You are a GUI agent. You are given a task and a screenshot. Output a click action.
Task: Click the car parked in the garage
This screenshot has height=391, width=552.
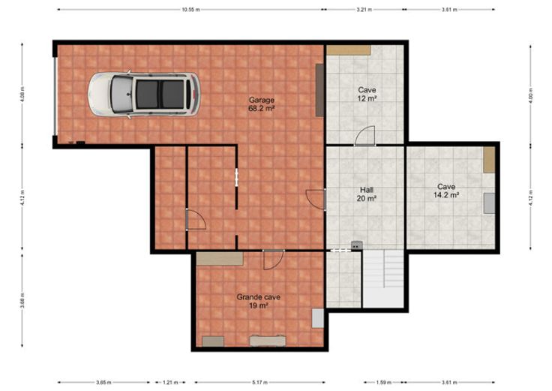click(x=144, y=95)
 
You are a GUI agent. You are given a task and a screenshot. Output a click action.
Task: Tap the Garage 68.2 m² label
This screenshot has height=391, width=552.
click(x=261, y=104)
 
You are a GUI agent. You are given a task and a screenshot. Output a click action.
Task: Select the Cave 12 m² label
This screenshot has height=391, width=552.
click(x=367, y=95)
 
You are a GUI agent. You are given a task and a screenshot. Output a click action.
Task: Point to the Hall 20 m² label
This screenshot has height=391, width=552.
click(x=367, y=194)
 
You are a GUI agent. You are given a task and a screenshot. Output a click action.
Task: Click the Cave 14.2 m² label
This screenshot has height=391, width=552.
click(x=446, y=191)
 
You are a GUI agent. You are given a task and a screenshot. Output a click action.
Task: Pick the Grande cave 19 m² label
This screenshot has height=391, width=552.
click(x=259, y=301)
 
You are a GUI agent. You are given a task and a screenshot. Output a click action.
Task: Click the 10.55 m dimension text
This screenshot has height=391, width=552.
click(x=190, y=10)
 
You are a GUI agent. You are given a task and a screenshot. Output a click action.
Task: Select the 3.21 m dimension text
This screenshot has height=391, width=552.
click(x=364, y=10)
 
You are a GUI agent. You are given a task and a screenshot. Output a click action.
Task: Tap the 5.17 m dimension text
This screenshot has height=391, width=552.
click(x=259, y=382)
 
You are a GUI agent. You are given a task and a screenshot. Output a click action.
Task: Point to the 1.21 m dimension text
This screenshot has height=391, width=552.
click(x=170, y=382)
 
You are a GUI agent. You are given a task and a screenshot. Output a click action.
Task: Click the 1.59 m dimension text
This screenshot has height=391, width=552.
click(x=384, y=382)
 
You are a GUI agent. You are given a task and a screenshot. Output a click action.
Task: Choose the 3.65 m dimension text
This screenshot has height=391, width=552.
click(x=103, y=382)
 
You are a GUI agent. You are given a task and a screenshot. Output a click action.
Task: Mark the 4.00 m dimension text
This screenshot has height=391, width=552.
click(x=530, y=95)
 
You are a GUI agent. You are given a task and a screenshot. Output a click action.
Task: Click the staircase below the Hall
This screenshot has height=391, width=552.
click(x=383, y=278)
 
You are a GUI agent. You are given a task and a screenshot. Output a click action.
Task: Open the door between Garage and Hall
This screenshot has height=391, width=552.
click(x=316, y=200)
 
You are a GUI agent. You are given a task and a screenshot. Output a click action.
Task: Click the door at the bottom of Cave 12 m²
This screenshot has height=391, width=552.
click(x=365, y=136)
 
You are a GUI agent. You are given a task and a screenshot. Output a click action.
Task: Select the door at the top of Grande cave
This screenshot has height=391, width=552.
click(x=274, y=260)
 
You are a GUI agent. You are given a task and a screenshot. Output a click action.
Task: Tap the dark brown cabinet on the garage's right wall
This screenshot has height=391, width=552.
click(x=319, y=90)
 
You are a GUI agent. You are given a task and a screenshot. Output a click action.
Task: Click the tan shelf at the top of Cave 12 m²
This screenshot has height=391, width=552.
click(x=349, y=50)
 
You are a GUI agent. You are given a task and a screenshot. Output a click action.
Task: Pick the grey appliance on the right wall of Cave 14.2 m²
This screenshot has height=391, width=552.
click(x=489, y=203)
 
